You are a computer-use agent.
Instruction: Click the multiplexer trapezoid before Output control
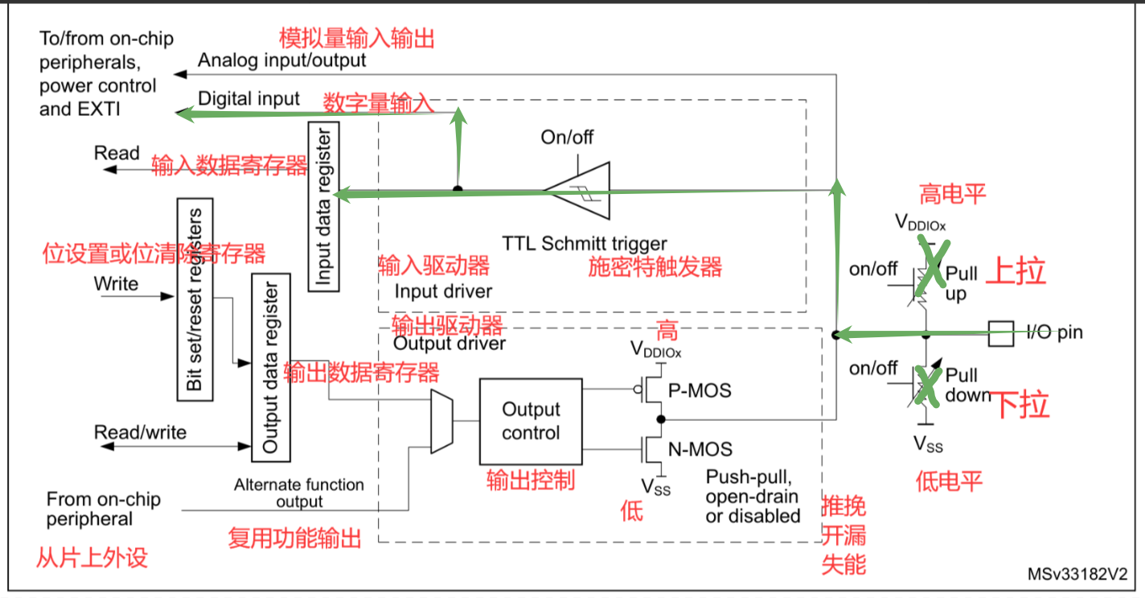[x=441, y=422]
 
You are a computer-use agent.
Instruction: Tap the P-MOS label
[x=700, y=390]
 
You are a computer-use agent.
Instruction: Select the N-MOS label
[x=700, y=449]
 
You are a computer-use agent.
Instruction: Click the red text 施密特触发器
[x=655, y=266]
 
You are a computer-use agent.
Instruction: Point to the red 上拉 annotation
[x=1016, y=270]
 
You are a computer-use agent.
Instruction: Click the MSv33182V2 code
[x=1077, y=574]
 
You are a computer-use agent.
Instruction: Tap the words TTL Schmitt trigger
[x=585, y=244]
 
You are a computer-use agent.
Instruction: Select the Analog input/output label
[x=281, y=60]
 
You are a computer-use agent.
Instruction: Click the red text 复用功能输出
[x=294, y=538]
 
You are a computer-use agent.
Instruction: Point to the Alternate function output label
[x=299, y=493]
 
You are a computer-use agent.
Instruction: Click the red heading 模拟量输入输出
[x=357, y=39]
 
